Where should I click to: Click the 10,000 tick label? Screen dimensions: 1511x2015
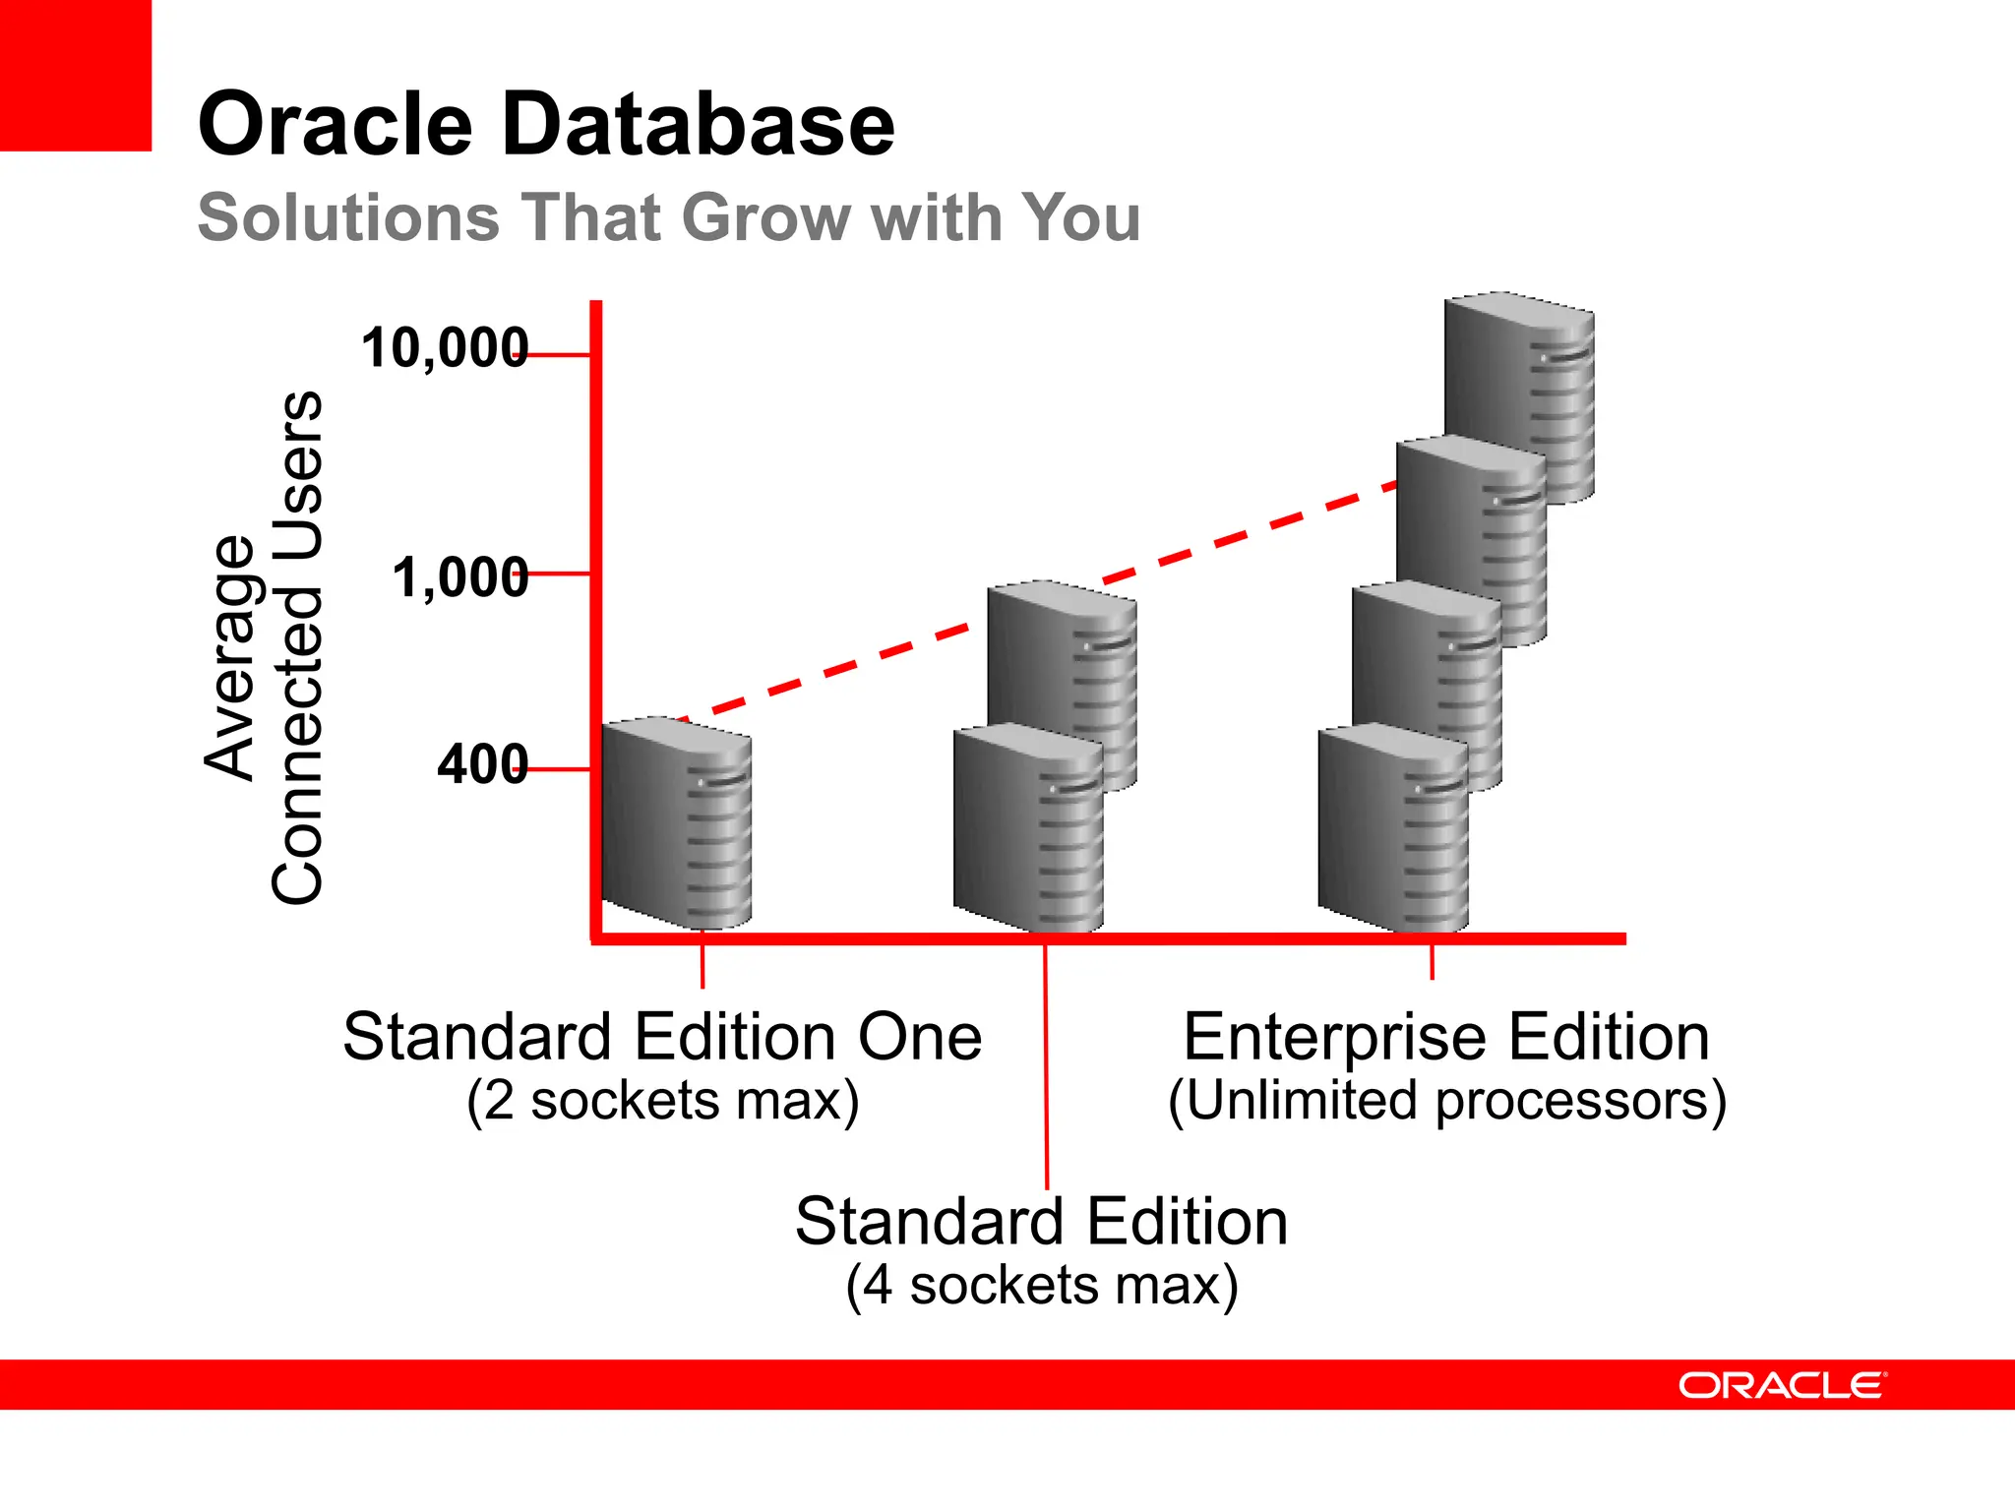coord(445,349)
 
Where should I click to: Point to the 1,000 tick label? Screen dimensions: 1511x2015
coord(460,577)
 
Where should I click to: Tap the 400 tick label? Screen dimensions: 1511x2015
coord(482,764)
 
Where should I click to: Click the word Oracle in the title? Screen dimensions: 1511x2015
coord(336,125)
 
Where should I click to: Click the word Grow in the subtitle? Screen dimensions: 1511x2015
coord(765,217)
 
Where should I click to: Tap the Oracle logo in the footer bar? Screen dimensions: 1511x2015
coord(1782,1385)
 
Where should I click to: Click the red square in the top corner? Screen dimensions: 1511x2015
coord(75,75)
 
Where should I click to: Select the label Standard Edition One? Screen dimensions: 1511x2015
coord(662,1037)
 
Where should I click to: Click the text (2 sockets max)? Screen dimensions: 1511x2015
coord(662,1101)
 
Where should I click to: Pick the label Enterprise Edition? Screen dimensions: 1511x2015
coord(1446,1037)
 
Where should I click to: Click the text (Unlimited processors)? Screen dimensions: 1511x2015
coord(1446,1101)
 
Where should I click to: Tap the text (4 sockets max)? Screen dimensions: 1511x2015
coord(1041,1286)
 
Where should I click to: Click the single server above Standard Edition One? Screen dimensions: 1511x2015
coord(677,823)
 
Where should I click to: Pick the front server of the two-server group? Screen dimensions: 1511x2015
coord(1028,829)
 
